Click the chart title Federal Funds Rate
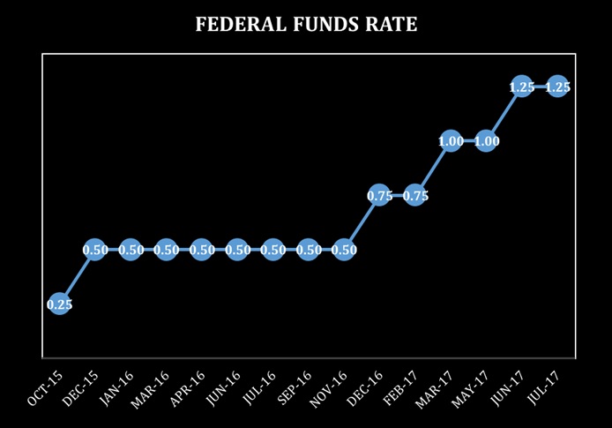click(306, 25)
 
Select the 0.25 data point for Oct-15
click(59, 304)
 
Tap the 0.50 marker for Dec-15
click(95, 250)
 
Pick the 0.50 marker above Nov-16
click(344, 250)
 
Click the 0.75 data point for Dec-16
click(379, 196)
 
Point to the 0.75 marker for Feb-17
click(415, 196)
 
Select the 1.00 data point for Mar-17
click(451, 141)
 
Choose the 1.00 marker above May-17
click(486, 141)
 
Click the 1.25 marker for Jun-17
click(521, 86)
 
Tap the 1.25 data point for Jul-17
click(557, 86)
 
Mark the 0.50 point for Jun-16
click(237, 250)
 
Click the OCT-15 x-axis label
click(45, 387)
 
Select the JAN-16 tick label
click(116, 387)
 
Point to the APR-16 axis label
click(188, 387)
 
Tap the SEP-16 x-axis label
click(295, 387)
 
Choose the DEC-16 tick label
click(366, 387)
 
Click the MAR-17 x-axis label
click(437, 387)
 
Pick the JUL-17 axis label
click(544, 387)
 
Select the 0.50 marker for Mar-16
click(166, 250)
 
